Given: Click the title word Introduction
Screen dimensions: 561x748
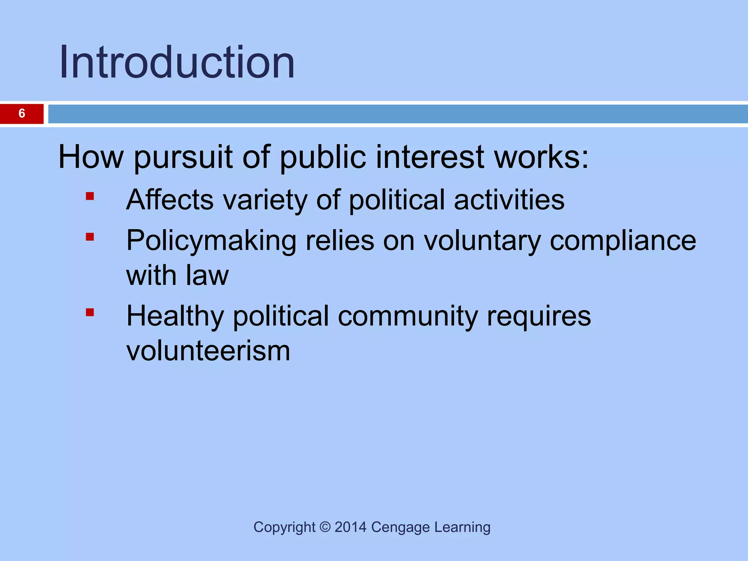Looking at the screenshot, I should (177, 62).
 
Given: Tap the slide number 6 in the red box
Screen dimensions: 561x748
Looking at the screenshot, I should (22, 114).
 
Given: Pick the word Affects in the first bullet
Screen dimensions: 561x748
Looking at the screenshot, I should (170, 200).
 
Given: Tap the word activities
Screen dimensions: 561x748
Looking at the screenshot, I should (509, 200).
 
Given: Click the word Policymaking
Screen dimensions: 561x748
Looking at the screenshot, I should (211, 241).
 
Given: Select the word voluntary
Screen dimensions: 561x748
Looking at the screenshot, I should (482, 241).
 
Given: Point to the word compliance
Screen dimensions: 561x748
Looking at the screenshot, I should (623, 241).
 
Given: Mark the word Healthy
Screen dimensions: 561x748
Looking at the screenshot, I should (175, 316).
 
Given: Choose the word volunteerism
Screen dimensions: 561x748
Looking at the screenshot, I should (208, 351).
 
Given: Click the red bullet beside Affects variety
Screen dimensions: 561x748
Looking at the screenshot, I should (90, 197).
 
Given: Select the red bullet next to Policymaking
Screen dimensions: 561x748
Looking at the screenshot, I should (90, 237).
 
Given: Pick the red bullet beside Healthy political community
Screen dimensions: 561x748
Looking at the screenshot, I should (90, 313).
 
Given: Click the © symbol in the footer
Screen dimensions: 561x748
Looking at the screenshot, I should (325, 527).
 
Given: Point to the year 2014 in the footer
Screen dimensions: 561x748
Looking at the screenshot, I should (350, 527).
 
